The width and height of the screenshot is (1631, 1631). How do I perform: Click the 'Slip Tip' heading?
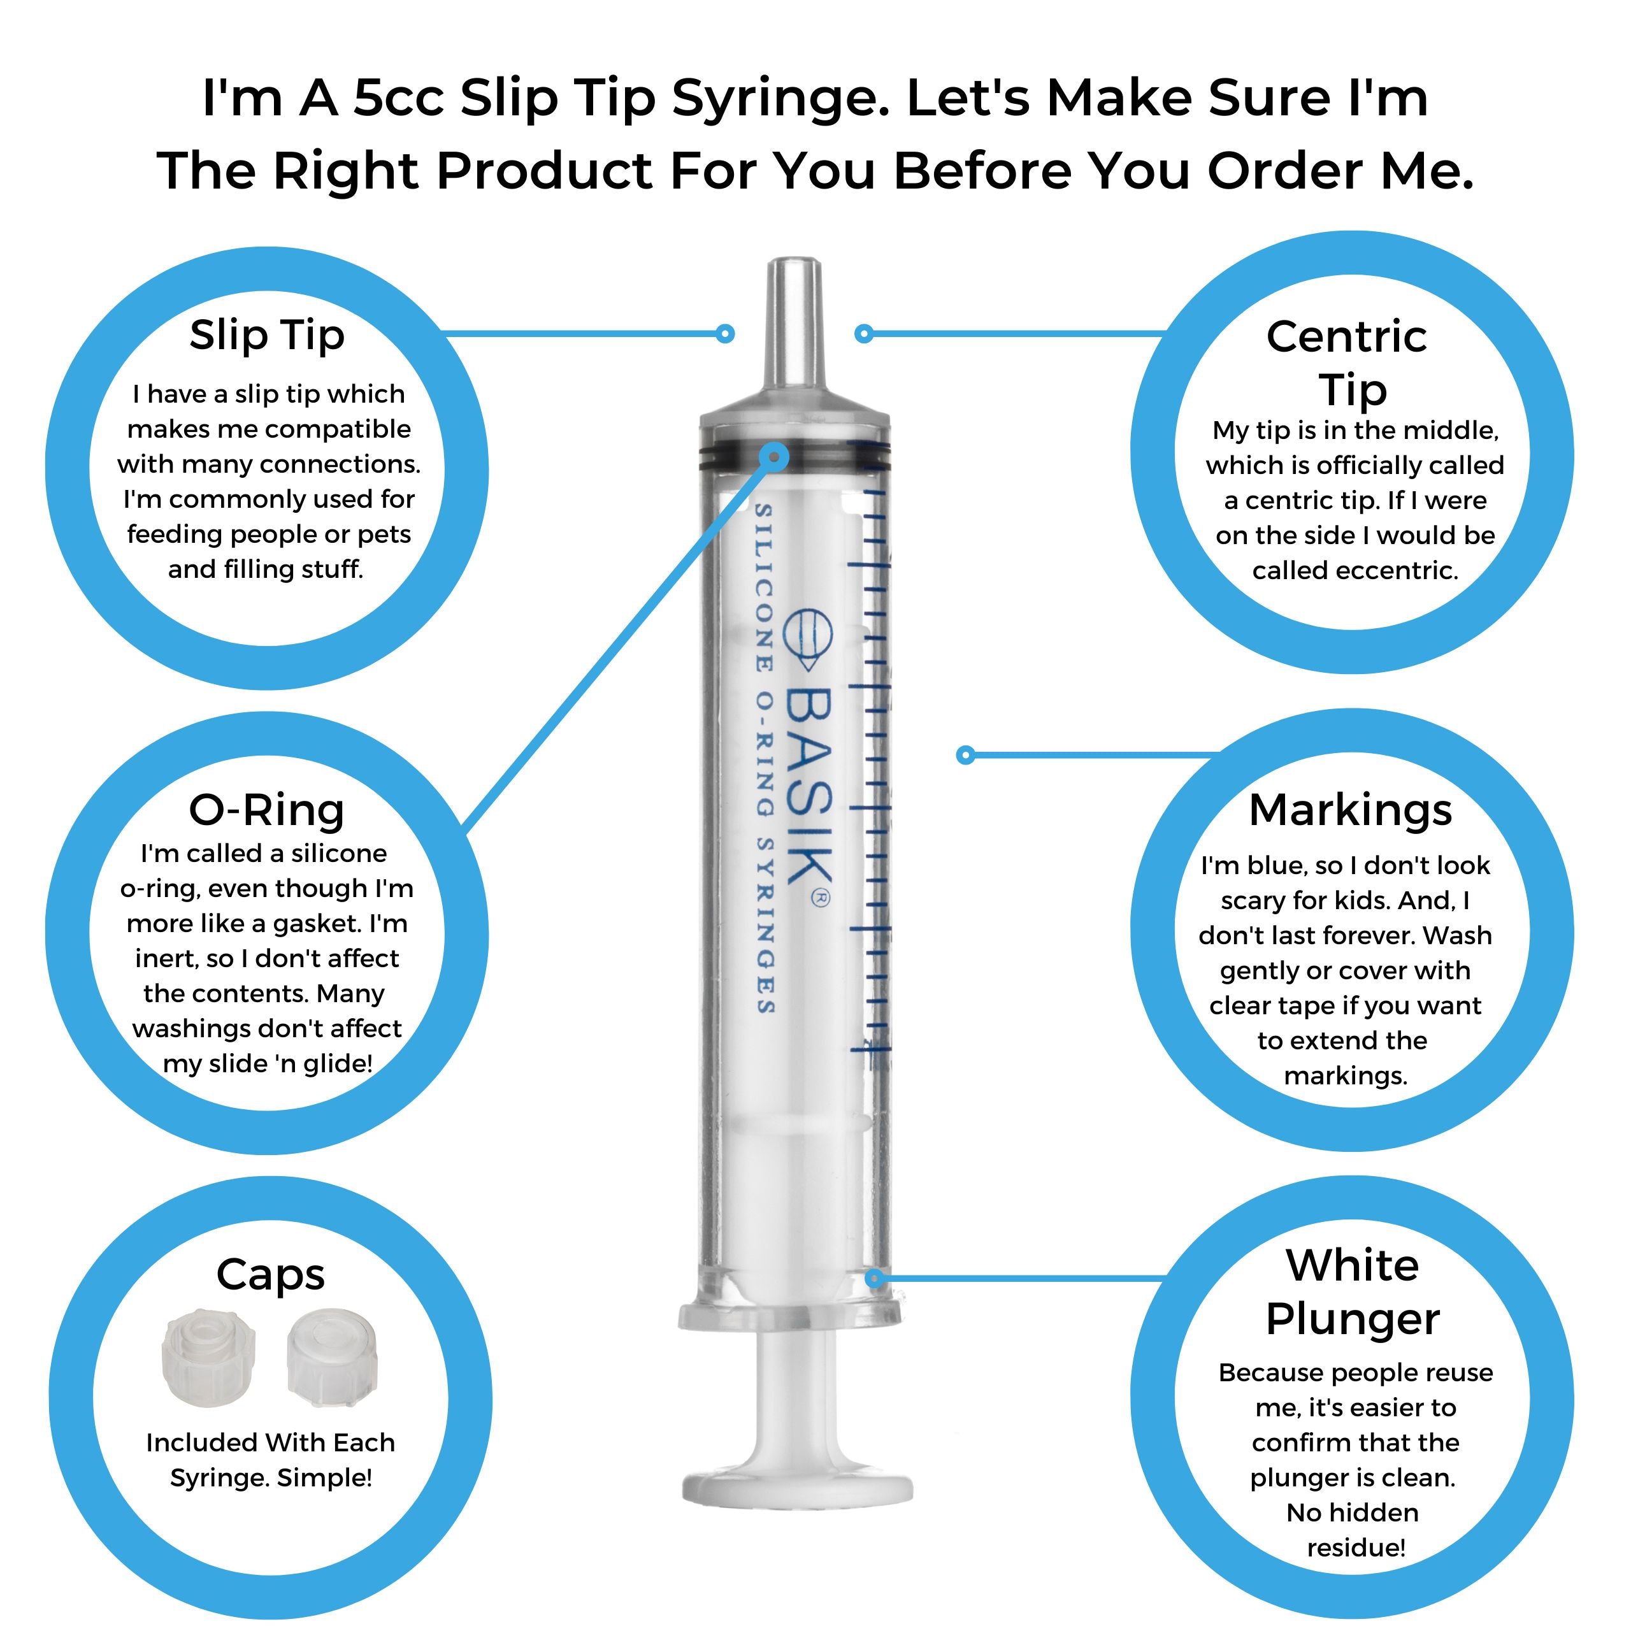coord(267,335)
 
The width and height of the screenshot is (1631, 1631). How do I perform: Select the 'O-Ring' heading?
coord(267,810)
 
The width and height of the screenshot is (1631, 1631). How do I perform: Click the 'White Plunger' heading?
coord(1353,1291)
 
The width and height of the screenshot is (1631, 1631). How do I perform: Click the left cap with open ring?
coord(208,1356)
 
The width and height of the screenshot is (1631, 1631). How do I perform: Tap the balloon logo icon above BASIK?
coord(808,637)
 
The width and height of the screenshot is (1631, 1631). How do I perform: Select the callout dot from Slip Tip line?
coord(725,333)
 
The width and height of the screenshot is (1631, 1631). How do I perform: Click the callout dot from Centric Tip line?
coord(863,333)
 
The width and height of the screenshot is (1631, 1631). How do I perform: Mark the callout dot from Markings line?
coord(966,755)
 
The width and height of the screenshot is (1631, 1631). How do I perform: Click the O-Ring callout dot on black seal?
coord(773,457)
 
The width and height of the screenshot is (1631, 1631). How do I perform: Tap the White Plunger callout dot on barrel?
coord(875,1278)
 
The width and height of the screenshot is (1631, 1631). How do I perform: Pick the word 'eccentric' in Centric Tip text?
coord(1397,571)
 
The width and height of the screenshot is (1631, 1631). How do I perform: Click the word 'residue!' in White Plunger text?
coord(1356,1548)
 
